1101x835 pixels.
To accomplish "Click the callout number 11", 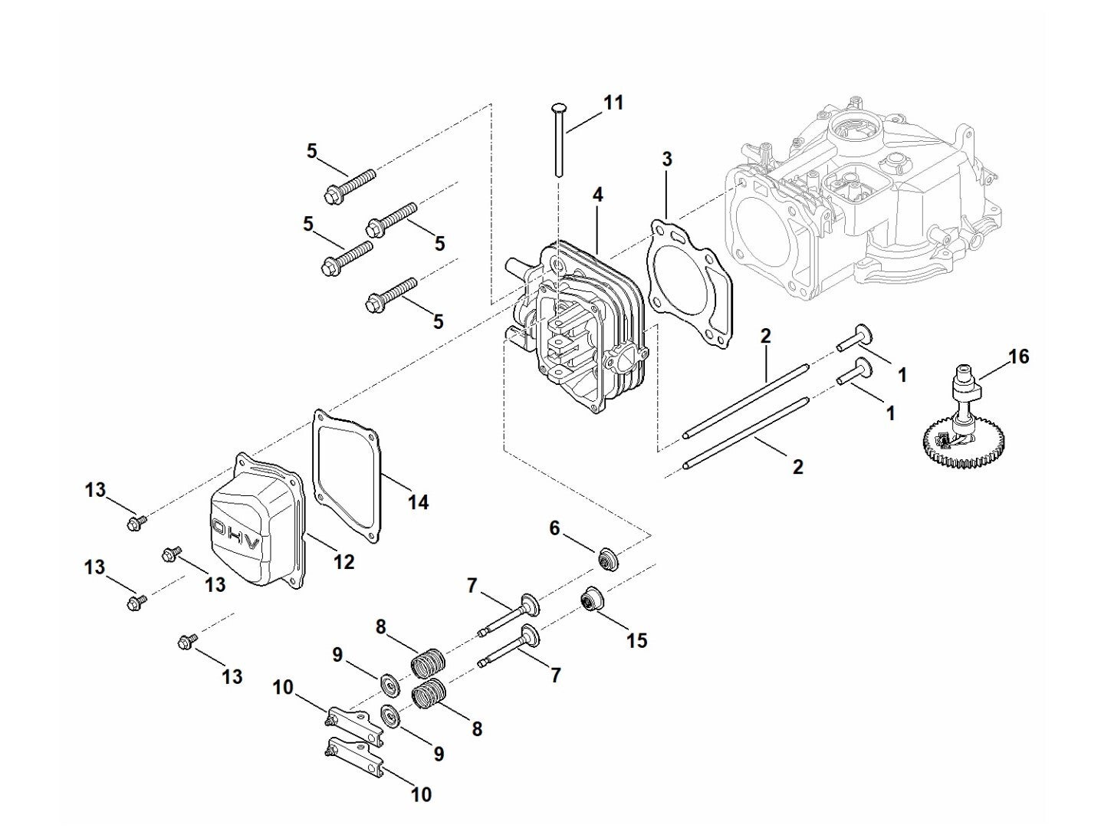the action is [x=613, y=103].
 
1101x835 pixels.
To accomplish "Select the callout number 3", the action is [x=666, y=159].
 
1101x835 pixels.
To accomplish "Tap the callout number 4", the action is [x=597, y=195].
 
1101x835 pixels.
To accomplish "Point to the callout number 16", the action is [x=1018, y=357].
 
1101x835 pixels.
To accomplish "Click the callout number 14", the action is [x=418, y=501].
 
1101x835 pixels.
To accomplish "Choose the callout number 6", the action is [x=554, y=528].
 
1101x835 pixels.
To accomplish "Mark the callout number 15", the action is [x=637, y=640].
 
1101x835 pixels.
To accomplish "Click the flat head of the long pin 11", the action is [x=557, y=107].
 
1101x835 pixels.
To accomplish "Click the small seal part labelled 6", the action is [x=607, y=559].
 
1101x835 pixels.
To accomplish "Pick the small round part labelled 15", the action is [x=591, y=600].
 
